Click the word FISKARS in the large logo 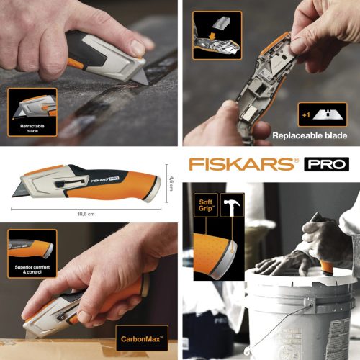click(x=242, y=165)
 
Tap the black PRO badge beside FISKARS click(x=325, y=165)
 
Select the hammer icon click(x=232, y=206)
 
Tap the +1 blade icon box click(x=316, y=113)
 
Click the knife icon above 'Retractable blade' click(x=32, y=106)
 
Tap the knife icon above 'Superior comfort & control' click(x=31, y=248)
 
